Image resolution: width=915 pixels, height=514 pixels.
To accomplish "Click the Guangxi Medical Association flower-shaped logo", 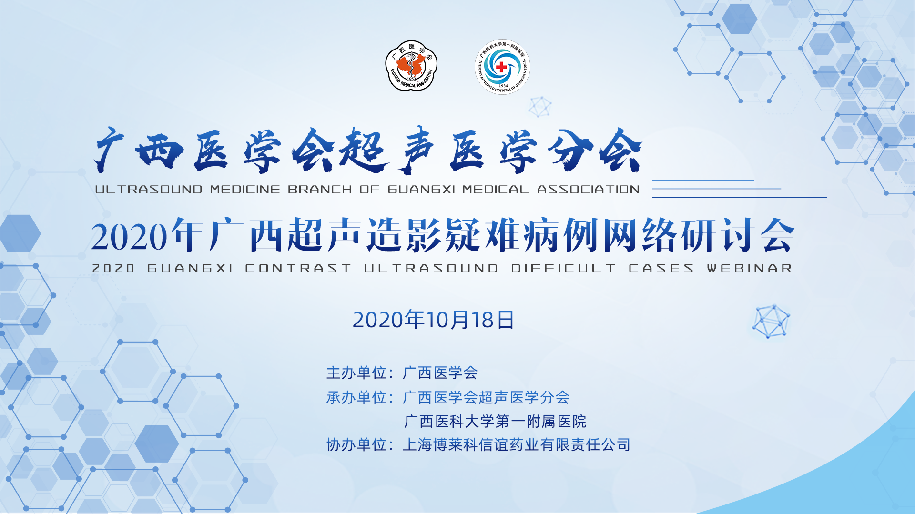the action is pyautogui.click(x=411, y=66).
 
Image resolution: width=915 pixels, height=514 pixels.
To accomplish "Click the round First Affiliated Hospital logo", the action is pyautogui.click(x=502, y=67).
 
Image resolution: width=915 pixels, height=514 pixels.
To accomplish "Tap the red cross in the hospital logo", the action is pyautogui.click(x=501, y=67).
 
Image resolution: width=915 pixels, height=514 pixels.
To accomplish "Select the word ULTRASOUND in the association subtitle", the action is pyautogui.click(x=149, y=190).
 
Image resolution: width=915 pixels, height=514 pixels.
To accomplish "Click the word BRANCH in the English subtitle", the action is pyautogui.click(x=320, y=190).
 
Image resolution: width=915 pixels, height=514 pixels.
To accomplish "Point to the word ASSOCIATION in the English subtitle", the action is pyautogui.click(x=589, y=190).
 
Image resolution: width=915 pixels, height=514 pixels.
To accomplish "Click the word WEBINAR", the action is pyautogui.click(x=750, y=268).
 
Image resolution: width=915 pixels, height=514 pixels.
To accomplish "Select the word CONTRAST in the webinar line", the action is pyautogui.click(x=298, y=268).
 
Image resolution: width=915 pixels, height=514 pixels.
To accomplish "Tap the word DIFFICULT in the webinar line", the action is pyautogui.click(x=563, y=268).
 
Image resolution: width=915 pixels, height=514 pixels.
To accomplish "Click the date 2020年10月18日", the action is pyautogui.click(x=433, y=320).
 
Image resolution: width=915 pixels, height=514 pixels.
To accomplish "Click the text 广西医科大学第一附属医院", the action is pyautogui.click(x=495, y=421).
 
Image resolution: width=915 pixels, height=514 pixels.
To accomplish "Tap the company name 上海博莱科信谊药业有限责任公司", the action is pyautogui.click(x=517, y=444).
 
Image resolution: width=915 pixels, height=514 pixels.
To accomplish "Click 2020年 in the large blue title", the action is pyautogui.click(x=148, y=235).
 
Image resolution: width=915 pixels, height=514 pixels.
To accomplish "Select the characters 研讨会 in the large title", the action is pyautogui.click(x=738, y=235).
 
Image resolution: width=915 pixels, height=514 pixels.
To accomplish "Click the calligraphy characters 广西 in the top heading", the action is pyautogui.click(x=139, y=150).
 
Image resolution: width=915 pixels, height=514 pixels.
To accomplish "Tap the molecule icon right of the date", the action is pyautogui.click(x=771, y=322).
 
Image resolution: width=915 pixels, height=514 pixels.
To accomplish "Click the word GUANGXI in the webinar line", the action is pyautogui.click(x=190, y=268).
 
